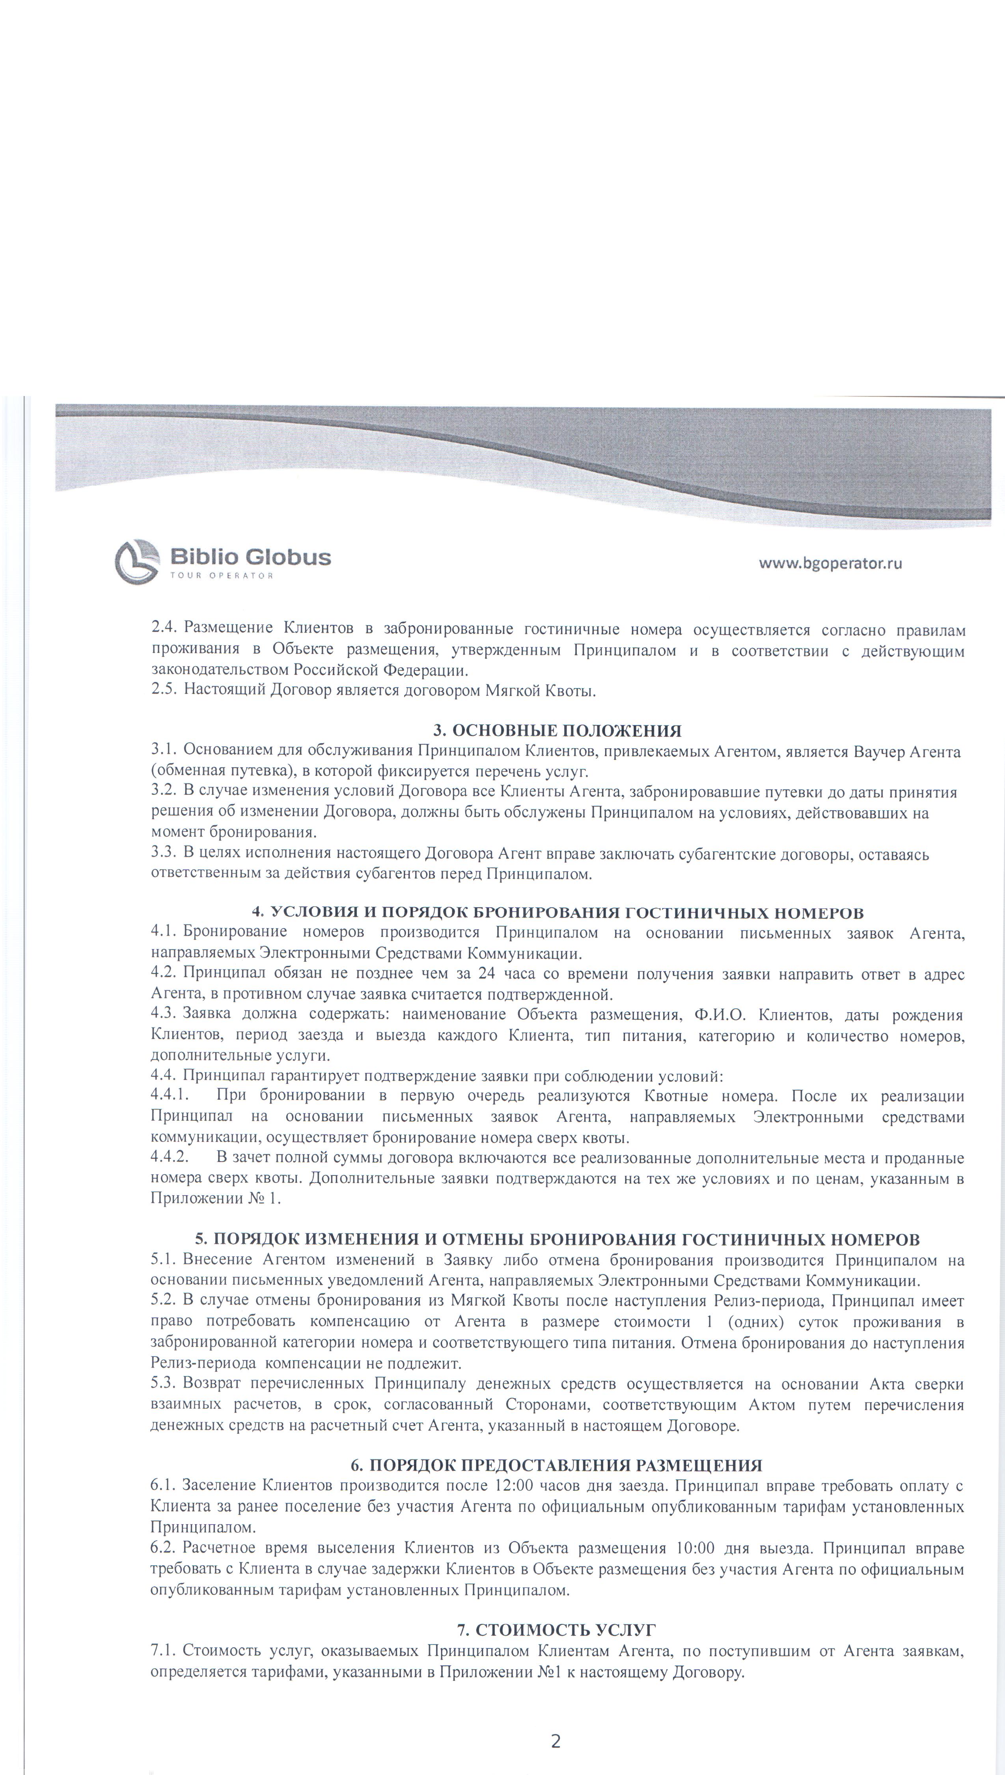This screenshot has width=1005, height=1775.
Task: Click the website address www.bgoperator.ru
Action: (x=830, y=562)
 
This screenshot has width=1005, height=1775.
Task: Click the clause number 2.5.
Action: (x=164, y=690)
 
